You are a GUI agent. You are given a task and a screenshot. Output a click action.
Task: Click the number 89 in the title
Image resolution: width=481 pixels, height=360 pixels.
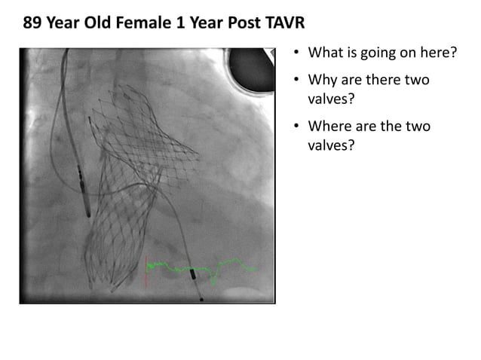point(32,23)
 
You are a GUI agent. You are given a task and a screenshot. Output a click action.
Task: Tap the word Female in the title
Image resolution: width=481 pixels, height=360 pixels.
point(151,23)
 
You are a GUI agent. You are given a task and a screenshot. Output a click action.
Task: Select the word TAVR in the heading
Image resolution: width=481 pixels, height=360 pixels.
point(283,23)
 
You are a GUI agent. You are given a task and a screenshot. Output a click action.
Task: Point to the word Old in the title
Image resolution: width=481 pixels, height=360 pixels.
point(110,23)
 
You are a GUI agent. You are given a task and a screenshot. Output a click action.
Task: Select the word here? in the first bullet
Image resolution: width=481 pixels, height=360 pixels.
point(435,53)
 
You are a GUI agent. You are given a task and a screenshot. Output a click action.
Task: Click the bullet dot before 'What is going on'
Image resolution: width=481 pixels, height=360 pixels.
point(297,53)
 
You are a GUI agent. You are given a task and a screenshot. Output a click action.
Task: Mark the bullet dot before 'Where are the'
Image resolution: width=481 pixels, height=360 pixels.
point(297,127)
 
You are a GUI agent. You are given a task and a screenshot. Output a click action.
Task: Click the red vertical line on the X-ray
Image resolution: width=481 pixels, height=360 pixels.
point(146,271)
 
